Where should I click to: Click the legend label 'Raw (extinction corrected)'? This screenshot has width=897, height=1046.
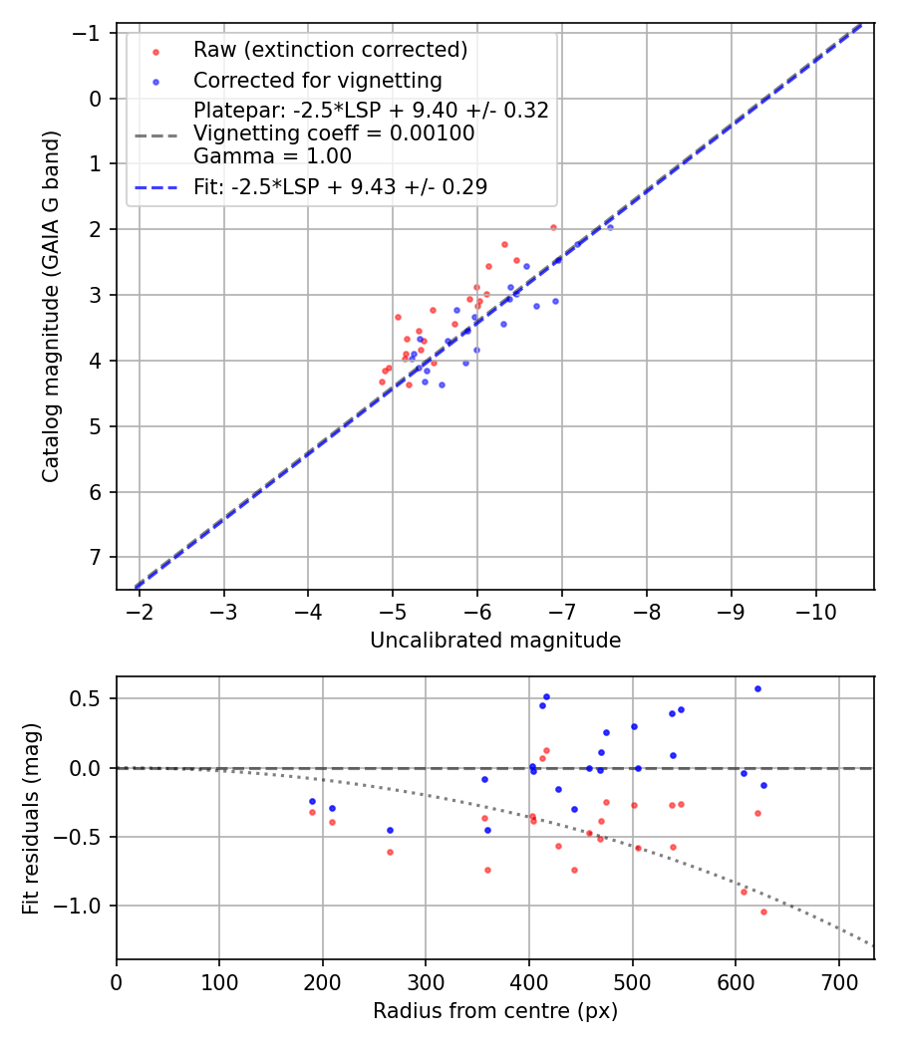330,50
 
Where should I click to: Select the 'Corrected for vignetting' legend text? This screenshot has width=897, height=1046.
318,80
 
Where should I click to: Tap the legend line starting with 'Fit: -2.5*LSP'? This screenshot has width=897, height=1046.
340,186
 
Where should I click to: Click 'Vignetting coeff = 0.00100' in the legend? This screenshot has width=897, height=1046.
334,133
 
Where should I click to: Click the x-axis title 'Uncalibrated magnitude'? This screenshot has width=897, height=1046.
495,641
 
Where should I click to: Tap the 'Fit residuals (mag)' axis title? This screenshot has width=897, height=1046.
31,818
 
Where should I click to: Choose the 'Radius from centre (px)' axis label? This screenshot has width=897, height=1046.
495,1011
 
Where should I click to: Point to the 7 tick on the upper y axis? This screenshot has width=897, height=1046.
96,558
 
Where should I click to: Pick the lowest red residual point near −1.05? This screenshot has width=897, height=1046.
763,912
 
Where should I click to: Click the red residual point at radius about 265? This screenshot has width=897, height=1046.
390,852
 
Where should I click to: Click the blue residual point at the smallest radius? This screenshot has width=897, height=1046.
312,801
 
